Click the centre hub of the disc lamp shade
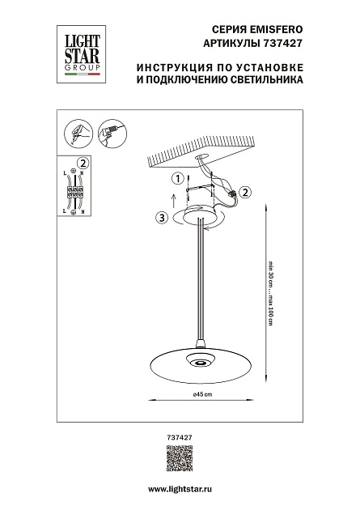(199, 359)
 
